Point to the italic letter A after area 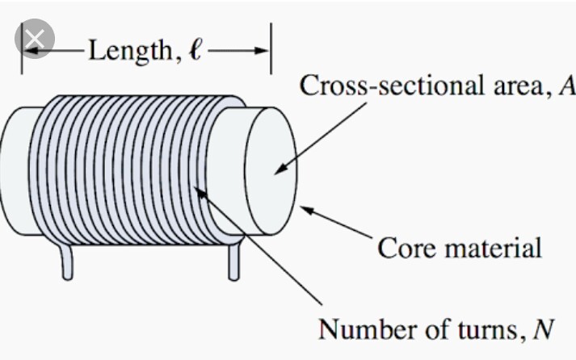566,86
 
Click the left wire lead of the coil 67,263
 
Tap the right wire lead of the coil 234,263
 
